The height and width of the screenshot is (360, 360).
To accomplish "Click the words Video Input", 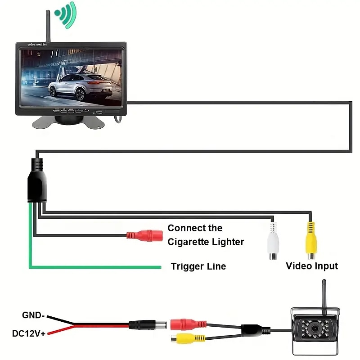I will coord(312,266).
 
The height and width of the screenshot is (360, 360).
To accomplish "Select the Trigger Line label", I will coord(198,266).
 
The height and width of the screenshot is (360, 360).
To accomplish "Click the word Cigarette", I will coord(191,242).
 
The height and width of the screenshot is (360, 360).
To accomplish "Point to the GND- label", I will coord(33,315).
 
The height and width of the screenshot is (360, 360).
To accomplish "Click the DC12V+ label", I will coord(28,334).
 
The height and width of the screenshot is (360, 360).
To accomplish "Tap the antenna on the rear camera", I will coord(323,293).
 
